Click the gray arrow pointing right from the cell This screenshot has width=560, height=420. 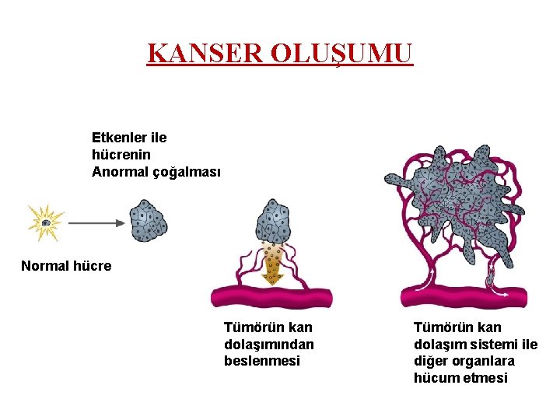point(96,222)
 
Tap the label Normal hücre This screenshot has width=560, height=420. point(66,266)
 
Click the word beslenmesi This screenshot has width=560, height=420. point(261,361)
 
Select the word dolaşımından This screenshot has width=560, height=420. point(269,344)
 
